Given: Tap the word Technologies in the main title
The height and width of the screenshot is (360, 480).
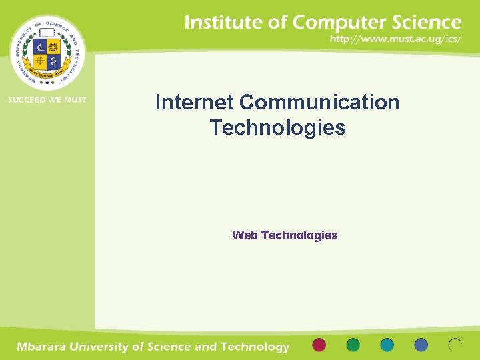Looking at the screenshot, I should tap(277, 127).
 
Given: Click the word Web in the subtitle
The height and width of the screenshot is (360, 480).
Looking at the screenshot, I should tap(245, 235).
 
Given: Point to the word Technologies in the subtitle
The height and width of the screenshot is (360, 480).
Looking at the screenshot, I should tap(299, 235).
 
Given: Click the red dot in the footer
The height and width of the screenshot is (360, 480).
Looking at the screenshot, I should tap(319, 345).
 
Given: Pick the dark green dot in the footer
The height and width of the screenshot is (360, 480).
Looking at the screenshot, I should tap(353, 345).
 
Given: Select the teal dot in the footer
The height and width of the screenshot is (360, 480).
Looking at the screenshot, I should tap(387, 345).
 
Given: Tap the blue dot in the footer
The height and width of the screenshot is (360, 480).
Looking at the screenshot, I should tap(421, 345).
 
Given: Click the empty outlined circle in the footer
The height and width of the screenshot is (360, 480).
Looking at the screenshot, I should tap(455, 345).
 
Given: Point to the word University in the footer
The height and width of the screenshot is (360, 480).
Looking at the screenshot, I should tap(109, 347).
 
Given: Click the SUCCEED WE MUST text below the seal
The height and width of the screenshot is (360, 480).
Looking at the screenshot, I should tap(47, 100).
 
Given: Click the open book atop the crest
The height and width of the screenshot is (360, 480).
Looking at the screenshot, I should tap(47, 33).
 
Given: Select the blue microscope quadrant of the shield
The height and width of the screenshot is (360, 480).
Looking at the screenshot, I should tap(39, 47).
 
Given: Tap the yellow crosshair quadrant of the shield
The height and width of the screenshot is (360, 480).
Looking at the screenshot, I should tap(39, 61).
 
